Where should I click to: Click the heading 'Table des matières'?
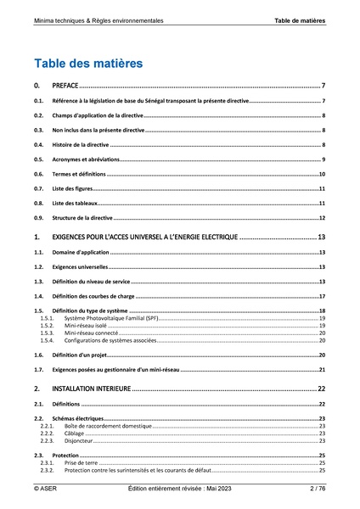coord(88,63)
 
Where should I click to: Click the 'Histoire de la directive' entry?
coord(81,145)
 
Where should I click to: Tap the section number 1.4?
coord(37,296)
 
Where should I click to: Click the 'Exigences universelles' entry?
coord(82,267)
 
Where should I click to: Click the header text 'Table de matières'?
coord(300,19)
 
